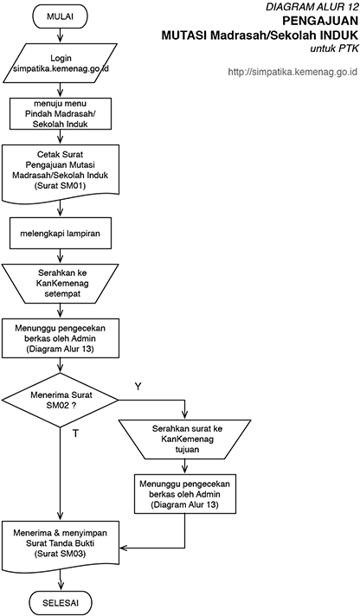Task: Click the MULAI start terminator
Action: [60, 17]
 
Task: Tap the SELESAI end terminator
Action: [60, 603]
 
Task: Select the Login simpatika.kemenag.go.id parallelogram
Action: [60, 63]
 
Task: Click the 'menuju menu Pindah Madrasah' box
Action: [60, 114]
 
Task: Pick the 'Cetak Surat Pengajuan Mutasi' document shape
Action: [60, 172]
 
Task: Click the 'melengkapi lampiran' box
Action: [60, 234]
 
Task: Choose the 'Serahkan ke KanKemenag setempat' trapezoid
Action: [60, 283]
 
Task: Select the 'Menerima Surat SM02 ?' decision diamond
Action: [60, 400]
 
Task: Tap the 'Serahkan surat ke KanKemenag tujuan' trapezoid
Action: [184, 440]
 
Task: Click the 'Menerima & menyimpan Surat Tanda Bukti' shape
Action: [60, 544]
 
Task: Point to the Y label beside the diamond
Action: [138, 387]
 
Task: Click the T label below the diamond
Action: [75, 433]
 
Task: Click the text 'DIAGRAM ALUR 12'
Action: [312, 7]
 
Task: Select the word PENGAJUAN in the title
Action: [320, 21]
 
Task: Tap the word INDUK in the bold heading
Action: [337, 35]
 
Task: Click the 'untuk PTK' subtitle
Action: [334, 49]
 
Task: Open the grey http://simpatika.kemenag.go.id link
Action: [292, 72]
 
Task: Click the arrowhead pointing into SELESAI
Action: [60, 588]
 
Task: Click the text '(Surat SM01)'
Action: [60, 185]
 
